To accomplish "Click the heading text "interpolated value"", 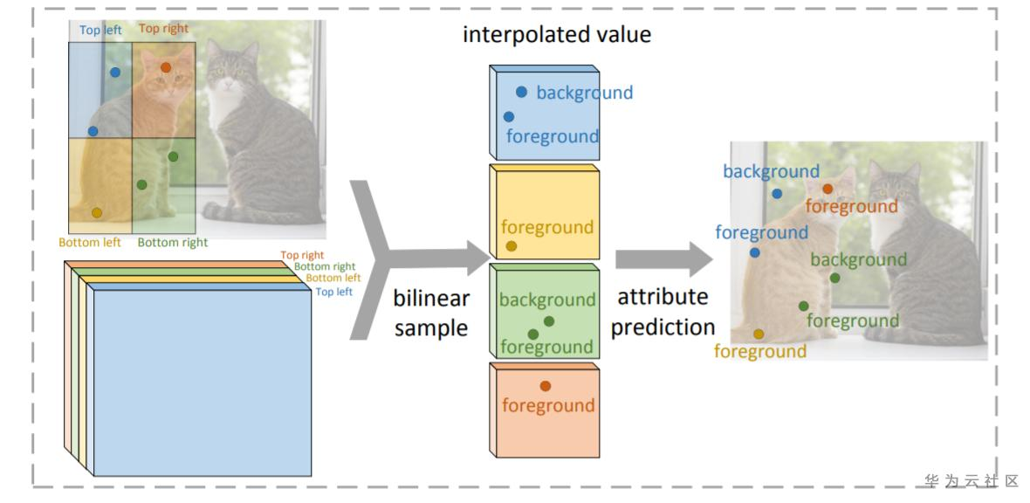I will [556, 36].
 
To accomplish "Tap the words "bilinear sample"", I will [431, 313].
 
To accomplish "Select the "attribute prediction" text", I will [663, 312].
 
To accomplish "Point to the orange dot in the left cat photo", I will [166, 67].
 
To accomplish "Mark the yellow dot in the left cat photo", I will [97, 212].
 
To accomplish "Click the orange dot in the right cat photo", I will [827, 189].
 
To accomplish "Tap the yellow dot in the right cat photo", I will [759, 334].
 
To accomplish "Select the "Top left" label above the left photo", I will [100, 30].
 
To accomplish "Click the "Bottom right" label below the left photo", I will [173, 243].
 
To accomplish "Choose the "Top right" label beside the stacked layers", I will [302, 256].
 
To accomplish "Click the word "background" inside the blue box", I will [584, 93].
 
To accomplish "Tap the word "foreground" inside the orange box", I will [548, 405].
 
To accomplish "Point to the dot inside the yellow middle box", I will [512, 246].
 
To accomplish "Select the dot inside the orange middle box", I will [546, 386].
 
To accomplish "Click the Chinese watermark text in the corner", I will [972, 481].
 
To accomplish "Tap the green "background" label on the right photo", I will [859, 259].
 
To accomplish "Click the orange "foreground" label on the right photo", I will [851, 207].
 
